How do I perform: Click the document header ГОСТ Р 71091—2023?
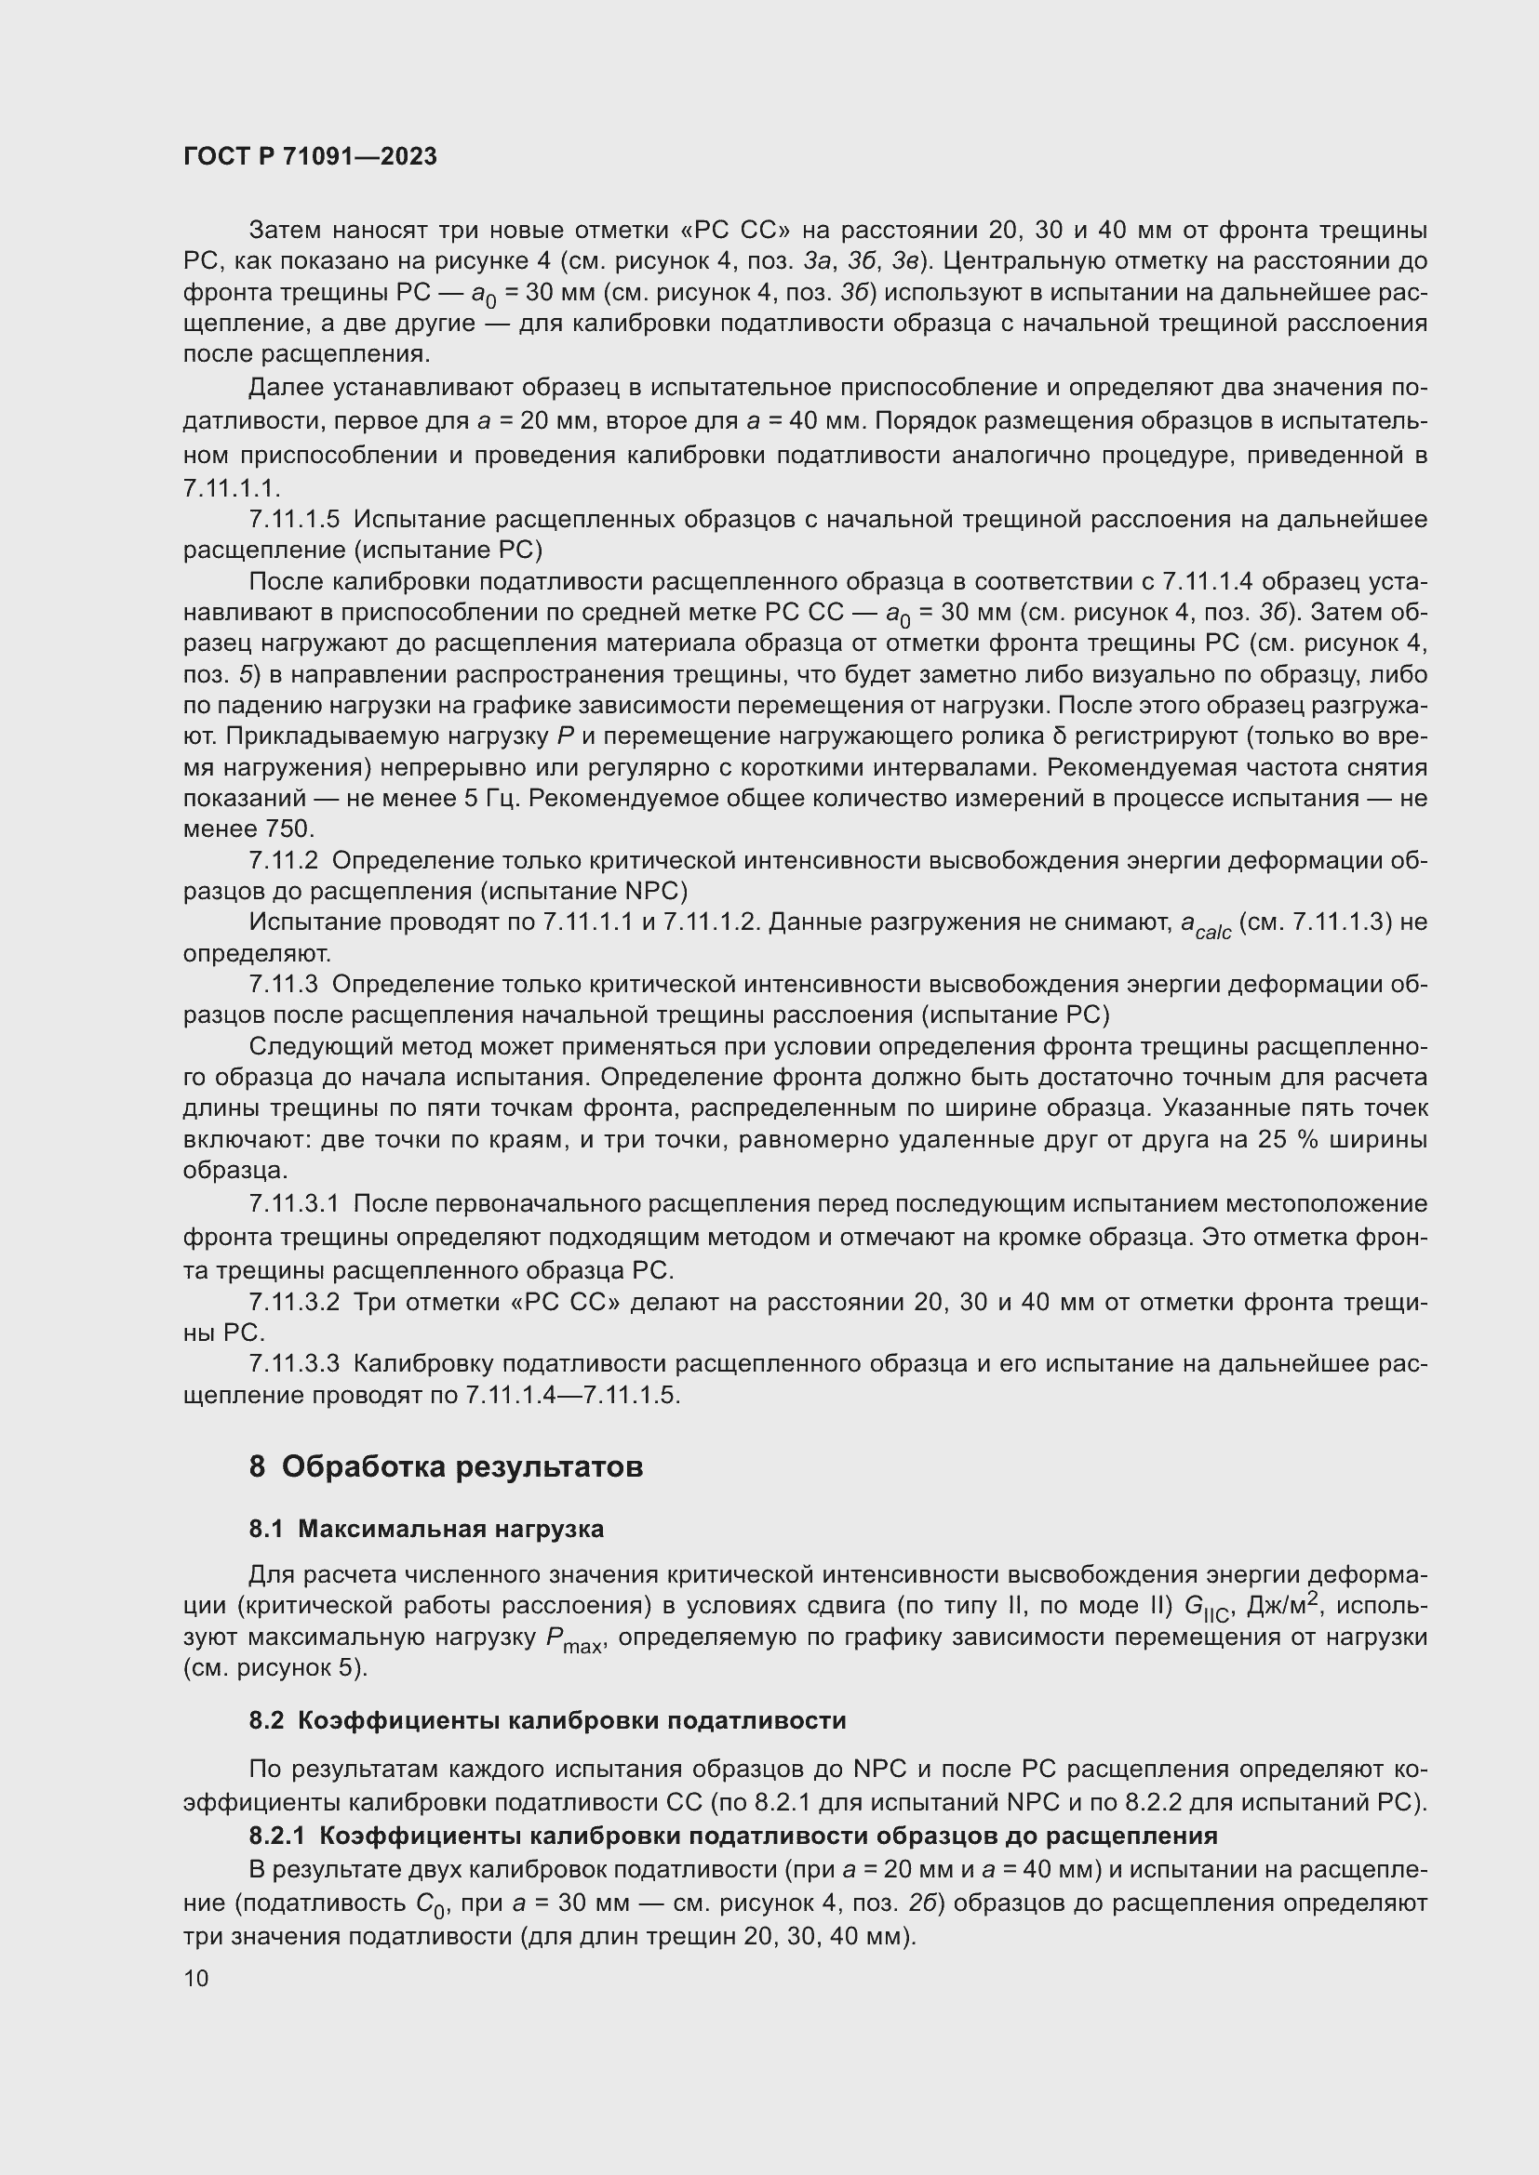pyautogui.click(x=310, y=156)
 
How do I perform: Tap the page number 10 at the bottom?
pyautogui.click(x=196, y=1978)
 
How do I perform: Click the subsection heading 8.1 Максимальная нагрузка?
pyautogui.click(x=426, y=1529)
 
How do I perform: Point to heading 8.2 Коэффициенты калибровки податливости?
pyautogui.click(x=548, y=1719)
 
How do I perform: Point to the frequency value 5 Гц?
pyautogui.click(x=492, y=799)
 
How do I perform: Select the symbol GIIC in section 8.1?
pyautogui.click(x=1205, y=1608)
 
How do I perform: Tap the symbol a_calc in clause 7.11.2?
pyautogui.click(x=1205, y=924)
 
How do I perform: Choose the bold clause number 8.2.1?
pyautogui.click(x=276, y=1836)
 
